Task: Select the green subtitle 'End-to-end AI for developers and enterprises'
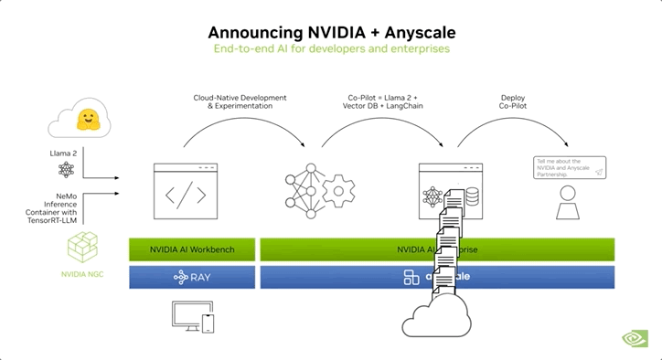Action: [330, 48]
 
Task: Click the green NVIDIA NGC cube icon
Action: [82, 248]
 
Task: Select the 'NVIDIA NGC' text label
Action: [82, 274]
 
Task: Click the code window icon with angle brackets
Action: [185, 190]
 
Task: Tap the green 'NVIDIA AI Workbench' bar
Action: [192, 249]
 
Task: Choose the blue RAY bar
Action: [192, 277]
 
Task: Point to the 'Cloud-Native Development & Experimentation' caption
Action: [240, 101]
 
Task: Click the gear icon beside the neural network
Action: [338, 191]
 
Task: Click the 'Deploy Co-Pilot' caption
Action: [513, 101]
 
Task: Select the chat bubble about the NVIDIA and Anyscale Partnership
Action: [570, 167]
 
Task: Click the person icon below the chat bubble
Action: [569, 204]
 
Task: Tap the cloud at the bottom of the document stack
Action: [437, 319]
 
